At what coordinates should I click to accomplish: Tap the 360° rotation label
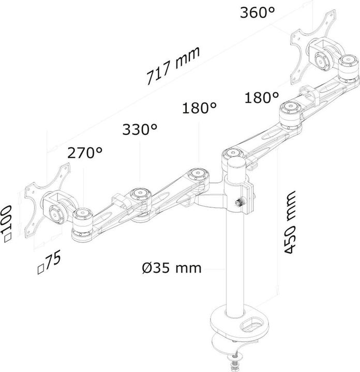(x=257, y=13)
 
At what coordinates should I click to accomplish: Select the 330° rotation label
(x=140, y=130)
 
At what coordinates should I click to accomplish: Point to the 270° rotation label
(x=85, y=152)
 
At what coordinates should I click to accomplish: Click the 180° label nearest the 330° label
(x=199, y=108)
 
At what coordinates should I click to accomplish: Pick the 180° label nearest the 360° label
(x=262, y=97)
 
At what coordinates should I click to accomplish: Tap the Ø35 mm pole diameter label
(x=171, y=268)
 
